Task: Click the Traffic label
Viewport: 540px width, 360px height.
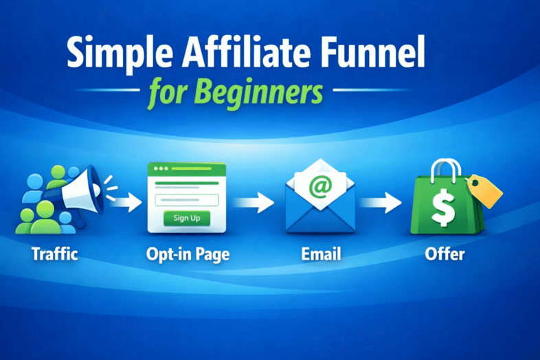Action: pos(55,255)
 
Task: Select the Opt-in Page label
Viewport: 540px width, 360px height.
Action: pos(188,255)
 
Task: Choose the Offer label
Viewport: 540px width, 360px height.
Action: pos(445,255)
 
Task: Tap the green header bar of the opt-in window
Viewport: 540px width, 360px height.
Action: pos(187,168)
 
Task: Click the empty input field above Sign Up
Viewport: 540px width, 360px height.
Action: pos(187,200)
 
